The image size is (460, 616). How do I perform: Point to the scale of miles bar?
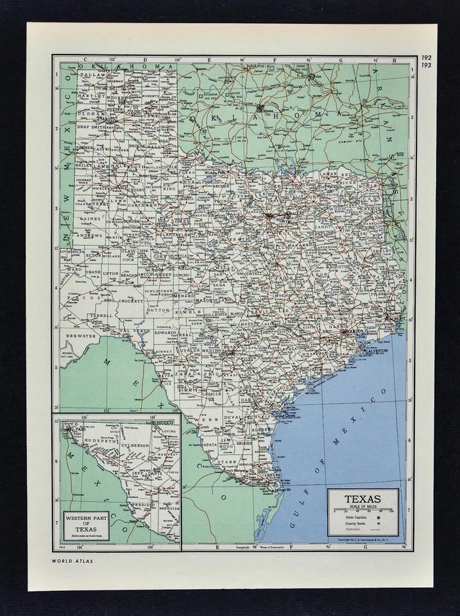click(x=363, y=511)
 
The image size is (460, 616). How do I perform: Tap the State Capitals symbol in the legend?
click(x=379, y=517)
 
